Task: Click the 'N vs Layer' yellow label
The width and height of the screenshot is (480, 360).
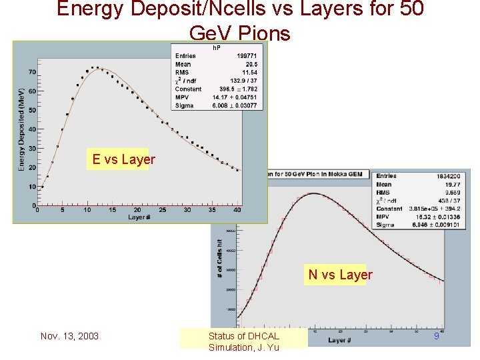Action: coord(340,275)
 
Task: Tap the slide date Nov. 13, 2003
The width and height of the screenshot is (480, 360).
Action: coord(69,336)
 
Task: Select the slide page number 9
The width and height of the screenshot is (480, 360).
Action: coord(437,336)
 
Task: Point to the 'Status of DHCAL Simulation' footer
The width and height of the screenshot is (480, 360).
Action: coord(243,341)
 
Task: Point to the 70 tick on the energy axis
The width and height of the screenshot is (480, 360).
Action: coord(31,72)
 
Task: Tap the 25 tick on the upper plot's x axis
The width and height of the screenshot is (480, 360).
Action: coord(162,210)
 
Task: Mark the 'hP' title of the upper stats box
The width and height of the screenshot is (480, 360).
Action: coord(217,48)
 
